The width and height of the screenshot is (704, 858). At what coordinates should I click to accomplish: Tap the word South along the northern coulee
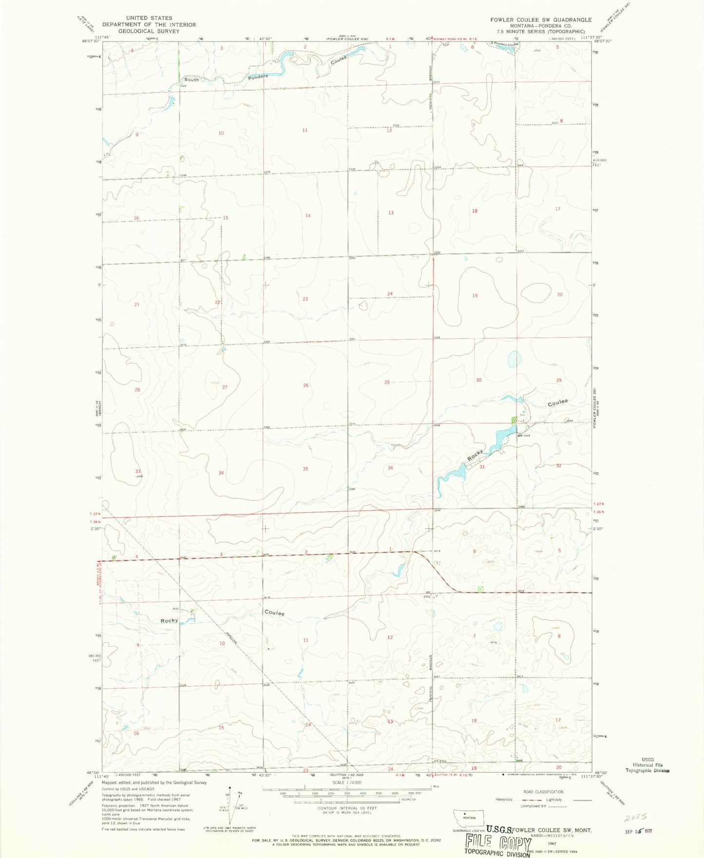tap(191, 80)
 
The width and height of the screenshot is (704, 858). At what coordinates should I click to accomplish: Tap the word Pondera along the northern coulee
tap(258, 77)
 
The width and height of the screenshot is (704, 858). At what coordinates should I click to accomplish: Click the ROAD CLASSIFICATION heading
tap(543, 792)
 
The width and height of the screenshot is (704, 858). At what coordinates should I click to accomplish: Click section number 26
tap(305, 385)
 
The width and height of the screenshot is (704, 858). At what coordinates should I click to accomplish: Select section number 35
tap(305, 469)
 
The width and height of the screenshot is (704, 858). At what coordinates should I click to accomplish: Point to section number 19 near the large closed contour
tap(475, 296)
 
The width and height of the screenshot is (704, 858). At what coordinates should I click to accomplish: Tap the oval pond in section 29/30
tap(513, 359)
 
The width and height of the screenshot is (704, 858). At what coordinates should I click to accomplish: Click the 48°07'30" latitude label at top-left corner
tap(93, 42)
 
